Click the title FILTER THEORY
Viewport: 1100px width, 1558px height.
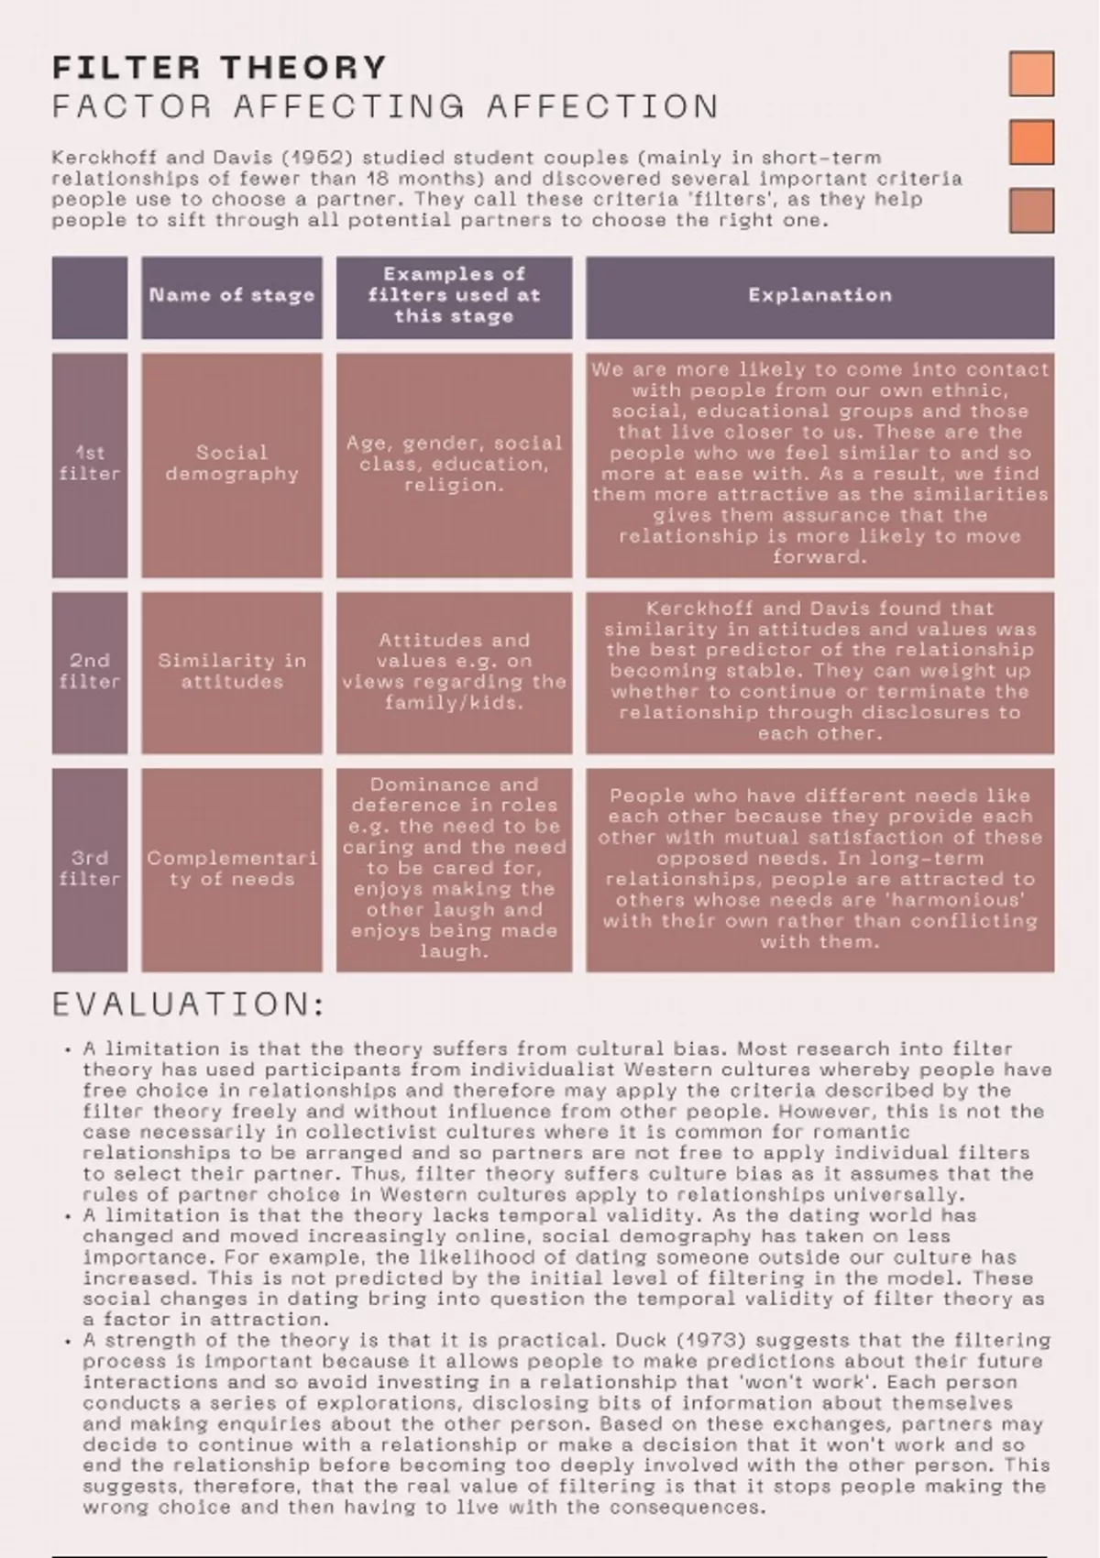coord(220,68)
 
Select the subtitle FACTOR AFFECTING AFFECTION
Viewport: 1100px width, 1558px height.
coord(385,107)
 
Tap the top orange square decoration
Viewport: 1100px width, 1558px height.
coord(1031,73)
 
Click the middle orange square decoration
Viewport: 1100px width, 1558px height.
coord(1031,142)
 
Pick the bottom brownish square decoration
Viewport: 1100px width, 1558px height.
coord(1031,211)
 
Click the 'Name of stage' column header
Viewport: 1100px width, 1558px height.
coord(232,296)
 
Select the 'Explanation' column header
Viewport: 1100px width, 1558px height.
coord(819,296)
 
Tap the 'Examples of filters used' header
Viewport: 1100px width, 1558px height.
coord(454,295)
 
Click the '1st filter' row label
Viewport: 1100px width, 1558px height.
coord(90,464)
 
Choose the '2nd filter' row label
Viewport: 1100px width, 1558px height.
coord(90,672)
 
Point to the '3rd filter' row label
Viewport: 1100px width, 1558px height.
coord(90,869)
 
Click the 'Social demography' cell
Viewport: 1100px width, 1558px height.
coord(232,464)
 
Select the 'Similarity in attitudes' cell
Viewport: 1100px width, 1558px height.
coord(232,672)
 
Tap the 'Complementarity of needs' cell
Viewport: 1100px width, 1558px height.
coord(232,869)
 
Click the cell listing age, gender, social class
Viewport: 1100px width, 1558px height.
coord(454,464)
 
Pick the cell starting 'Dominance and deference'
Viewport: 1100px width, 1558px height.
coord(454,868)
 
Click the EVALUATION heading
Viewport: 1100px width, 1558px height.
coord(189,1005)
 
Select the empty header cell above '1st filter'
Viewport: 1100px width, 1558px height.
coord(90,298)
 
